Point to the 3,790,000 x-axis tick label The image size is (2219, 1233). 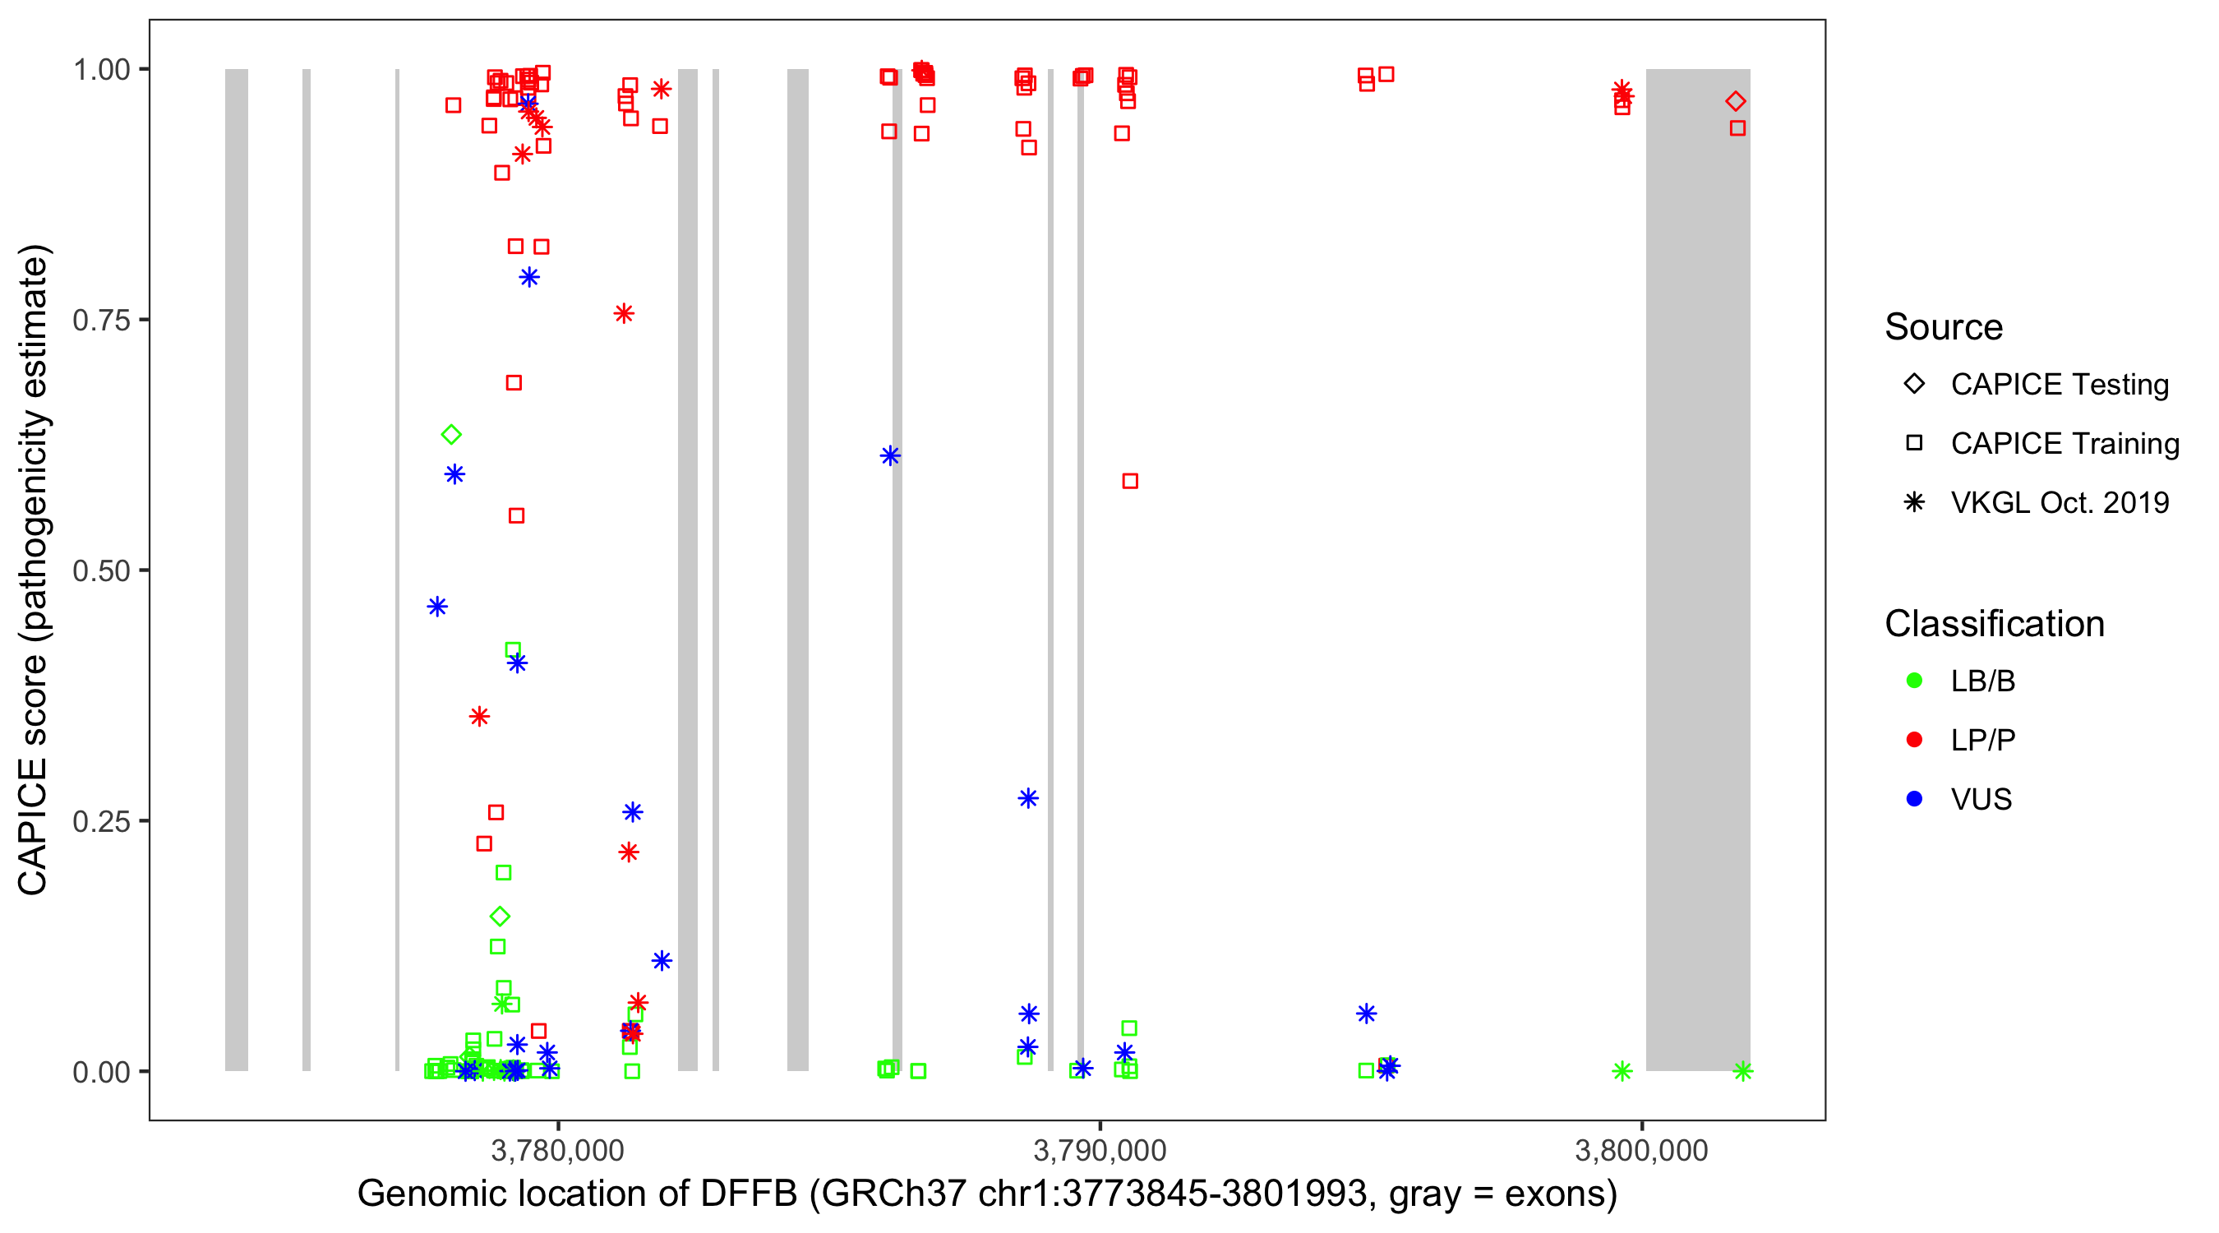(1099, 1150)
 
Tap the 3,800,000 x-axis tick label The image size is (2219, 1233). (1641, 1150)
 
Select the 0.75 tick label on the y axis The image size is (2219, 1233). (101, 321)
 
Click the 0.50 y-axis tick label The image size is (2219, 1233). (101, 570)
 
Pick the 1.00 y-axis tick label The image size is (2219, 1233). (101, 70)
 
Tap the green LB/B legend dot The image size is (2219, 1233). (1914, 681)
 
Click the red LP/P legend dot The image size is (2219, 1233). (1914, 740)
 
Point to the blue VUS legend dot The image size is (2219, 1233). (1914, 799)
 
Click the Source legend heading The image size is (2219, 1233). (1944, 327)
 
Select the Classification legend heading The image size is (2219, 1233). (1994, 624)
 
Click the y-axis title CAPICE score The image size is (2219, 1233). (35, 570)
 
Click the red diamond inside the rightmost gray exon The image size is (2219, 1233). (1735, 102)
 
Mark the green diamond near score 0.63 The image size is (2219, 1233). (450, 435)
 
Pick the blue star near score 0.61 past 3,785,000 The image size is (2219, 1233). (890, 456)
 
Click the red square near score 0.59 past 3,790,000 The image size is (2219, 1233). (1129, 481)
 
